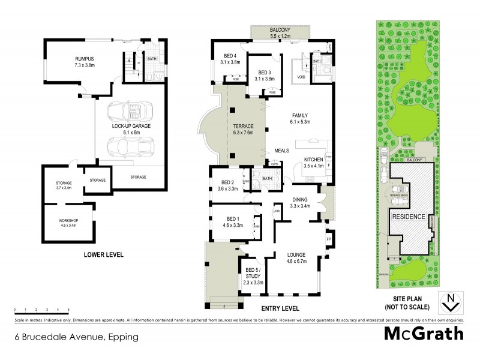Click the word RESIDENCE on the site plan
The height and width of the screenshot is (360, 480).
point(409,216)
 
